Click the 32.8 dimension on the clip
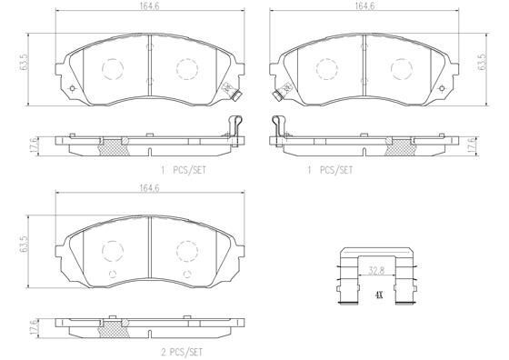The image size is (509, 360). [376, 271]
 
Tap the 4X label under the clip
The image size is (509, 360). [379, 295]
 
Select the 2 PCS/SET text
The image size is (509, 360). [182, 352]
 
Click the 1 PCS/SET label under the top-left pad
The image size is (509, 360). [184, 170]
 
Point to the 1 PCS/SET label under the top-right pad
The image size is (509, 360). [330, 170]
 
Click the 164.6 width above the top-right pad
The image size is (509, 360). [364, 5]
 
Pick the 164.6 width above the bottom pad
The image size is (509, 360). [149, 188]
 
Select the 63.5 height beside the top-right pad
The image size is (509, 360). [483, 62]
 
